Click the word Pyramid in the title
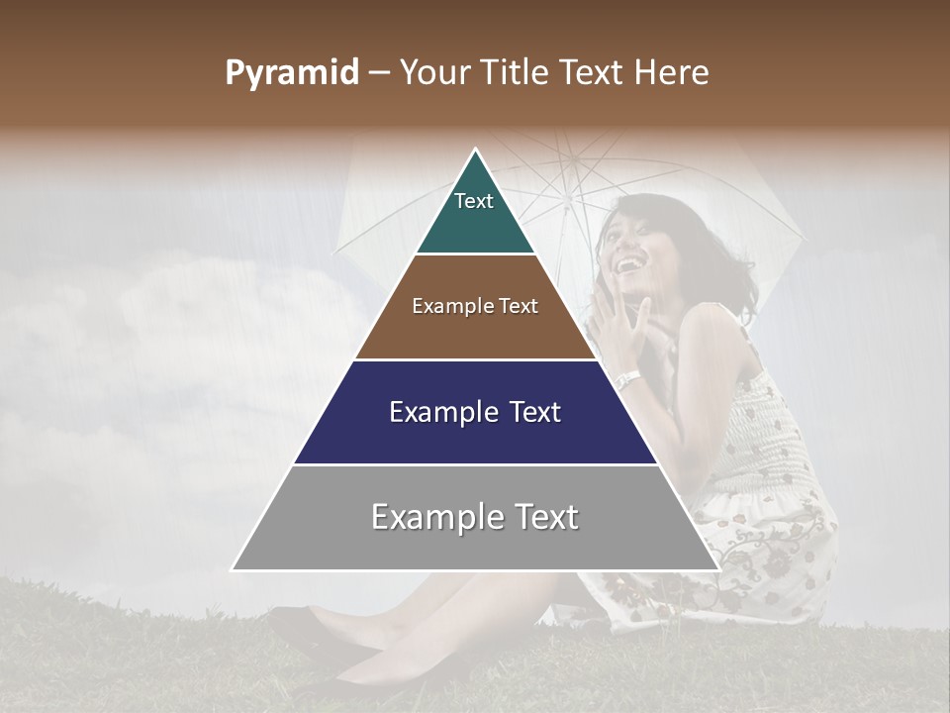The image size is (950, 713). pyautogui.click(x=291, y=73)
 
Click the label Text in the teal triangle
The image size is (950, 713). pyautogui.click(x=473, y=201)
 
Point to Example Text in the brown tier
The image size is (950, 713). pyautogui.click(x=475, y=306)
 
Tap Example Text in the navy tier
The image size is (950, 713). pyautogui.click(x=475, y=412)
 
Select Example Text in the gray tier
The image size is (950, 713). pyautogui.click(x=475, y=517)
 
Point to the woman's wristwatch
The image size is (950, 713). pyautogui.click(x=626, y=379)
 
